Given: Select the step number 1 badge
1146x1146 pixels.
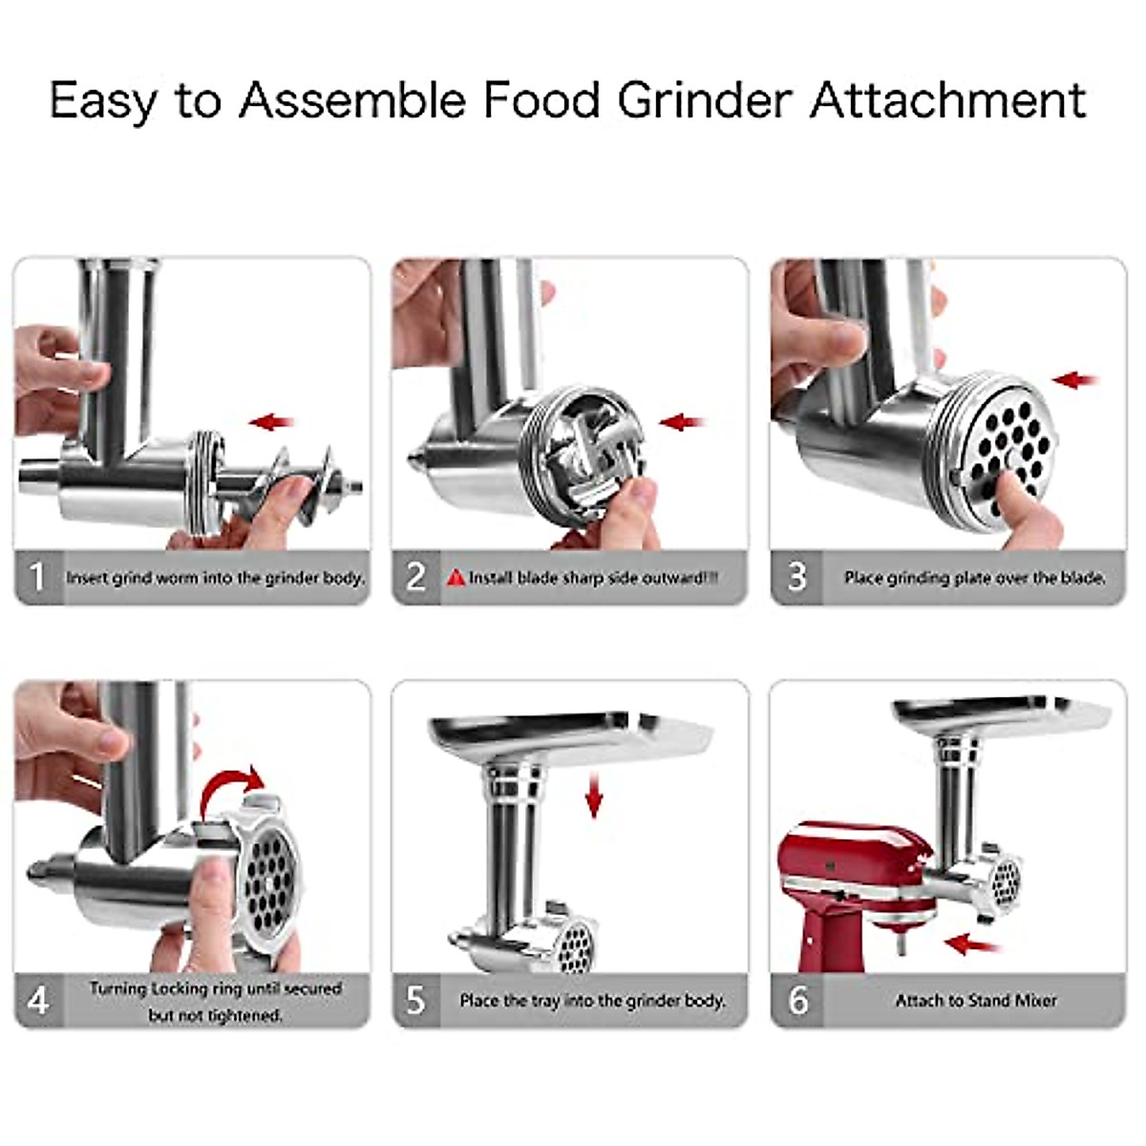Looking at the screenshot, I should [x=37, y=577].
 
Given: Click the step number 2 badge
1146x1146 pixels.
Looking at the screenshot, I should [x=415, y=577].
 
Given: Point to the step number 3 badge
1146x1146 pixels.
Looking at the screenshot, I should [x=796, y=577].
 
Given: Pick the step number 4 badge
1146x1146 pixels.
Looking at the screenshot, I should [x=37, y=1000].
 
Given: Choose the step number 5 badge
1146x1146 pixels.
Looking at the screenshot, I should [x=415, y=1000].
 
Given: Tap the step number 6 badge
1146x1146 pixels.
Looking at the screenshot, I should [x=796, y=1000].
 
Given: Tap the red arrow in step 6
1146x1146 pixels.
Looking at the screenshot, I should [x=972, y=944].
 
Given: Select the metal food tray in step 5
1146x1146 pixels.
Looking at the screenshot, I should [x=571, y=737].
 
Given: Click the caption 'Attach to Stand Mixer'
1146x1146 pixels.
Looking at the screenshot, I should [x=976, y=1001].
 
